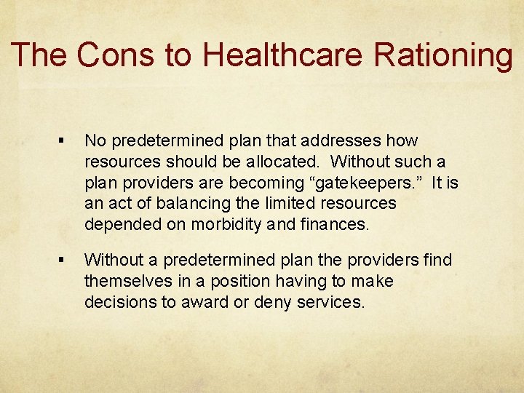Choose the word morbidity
(x=229, y=224)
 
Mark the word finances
(x=334, y=224)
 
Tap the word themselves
(x=124, y=281)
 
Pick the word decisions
(x=119, y=302)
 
